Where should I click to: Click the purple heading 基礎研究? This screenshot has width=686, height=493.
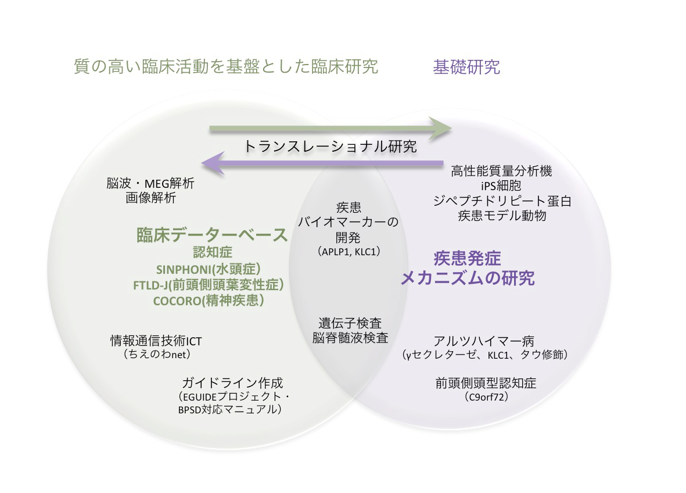[x=466, y=67]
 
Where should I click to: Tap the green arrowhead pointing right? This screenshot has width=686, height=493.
[x=440, y=128]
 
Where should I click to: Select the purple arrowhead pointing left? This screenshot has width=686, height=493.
[x=213, y=163]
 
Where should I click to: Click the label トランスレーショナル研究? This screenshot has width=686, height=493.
[x=330, y=147]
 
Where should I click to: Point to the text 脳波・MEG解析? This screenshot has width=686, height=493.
[x=150, y=183]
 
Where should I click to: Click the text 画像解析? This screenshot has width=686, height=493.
[x=150, y=198]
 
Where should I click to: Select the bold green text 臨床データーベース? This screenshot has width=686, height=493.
[x=212, y=235]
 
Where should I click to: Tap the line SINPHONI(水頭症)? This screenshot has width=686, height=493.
[x=209, y=269]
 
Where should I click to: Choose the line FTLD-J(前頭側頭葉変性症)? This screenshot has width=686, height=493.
[x=209, y=285]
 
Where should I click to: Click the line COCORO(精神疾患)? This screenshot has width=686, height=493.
[x=209, y=301]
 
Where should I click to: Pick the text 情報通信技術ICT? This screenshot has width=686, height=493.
[x=156, y=341]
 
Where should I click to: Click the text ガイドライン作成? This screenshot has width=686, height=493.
[x=232, y=383]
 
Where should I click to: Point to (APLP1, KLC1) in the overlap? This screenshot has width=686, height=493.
[x=349, y=252]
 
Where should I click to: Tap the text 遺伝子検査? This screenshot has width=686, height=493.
[x=350, y=323]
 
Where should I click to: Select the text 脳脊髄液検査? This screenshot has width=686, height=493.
[x=350, y=338]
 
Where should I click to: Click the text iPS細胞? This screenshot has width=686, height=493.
[x=501, y=185]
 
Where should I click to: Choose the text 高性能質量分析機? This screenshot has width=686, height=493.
[x=501, y=171]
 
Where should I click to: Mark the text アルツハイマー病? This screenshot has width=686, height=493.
[x=484, y=341]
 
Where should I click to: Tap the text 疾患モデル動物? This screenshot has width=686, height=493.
[x=502, y=216]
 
